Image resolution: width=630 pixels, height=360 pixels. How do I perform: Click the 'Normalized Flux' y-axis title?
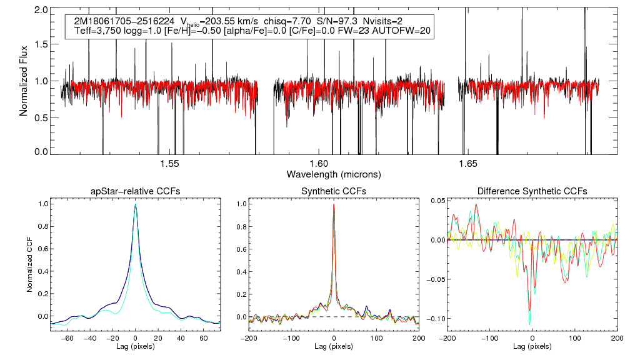[24, 82]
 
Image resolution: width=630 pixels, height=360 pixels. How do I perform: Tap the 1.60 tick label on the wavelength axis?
[319, 164]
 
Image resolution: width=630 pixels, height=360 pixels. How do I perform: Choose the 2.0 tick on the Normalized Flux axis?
[41, 11]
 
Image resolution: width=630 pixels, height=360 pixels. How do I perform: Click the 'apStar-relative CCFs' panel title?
[135, 191]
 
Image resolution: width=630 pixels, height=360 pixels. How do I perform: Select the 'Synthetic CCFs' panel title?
[334, 191]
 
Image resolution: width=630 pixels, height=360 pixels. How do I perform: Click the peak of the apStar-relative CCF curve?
[136, 204]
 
